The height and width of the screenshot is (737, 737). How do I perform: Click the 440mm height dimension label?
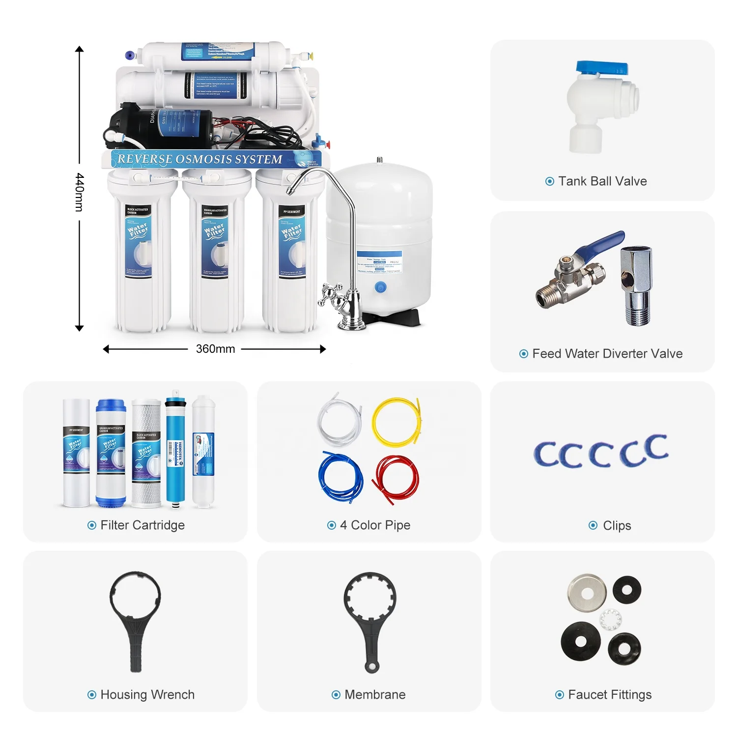pos(80,192)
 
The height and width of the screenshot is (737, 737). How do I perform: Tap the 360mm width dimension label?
pos(215,349)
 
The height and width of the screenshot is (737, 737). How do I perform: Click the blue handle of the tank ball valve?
pos(602,68)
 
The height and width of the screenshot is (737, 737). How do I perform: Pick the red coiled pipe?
pos(396,479)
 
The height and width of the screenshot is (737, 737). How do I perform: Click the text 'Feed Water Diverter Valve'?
pos(607,354)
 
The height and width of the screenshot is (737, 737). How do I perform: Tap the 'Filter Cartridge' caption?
pos(142,525)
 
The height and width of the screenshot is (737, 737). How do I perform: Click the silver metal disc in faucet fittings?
pos(587,593)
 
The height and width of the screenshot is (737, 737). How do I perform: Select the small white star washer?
pos(611,620)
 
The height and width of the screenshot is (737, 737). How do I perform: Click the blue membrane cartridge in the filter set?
pos(175,450)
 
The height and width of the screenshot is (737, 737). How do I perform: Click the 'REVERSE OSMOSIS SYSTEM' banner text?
pos(200,159)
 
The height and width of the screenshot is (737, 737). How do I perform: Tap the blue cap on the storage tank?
pos(380,287)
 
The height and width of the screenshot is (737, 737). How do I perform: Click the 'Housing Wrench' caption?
pos(147,695)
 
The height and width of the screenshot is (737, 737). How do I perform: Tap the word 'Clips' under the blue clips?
pos(617,526)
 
